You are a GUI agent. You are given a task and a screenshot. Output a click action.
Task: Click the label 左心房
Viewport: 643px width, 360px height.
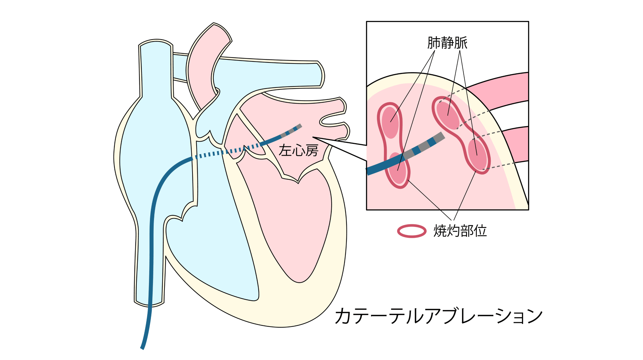299,150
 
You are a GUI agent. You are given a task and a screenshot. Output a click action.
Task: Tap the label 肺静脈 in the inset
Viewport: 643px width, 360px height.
447,43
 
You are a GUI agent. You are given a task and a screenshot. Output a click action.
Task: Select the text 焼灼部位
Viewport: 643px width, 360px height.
460,231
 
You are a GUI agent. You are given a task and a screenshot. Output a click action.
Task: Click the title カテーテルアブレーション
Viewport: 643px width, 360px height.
439,316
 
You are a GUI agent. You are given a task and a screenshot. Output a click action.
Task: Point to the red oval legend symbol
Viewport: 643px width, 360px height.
412,231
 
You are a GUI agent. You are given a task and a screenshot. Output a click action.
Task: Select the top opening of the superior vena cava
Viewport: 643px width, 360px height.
156,44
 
